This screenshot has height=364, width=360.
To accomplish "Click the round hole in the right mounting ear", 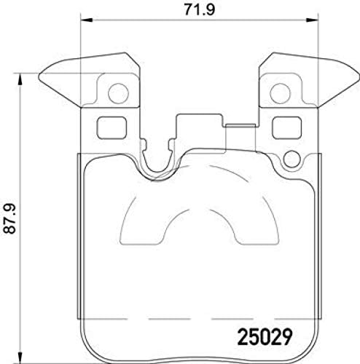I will (x=281, y=93).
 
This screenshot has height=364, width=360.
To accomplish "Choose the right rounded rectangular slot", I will (x=283, y=128).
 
